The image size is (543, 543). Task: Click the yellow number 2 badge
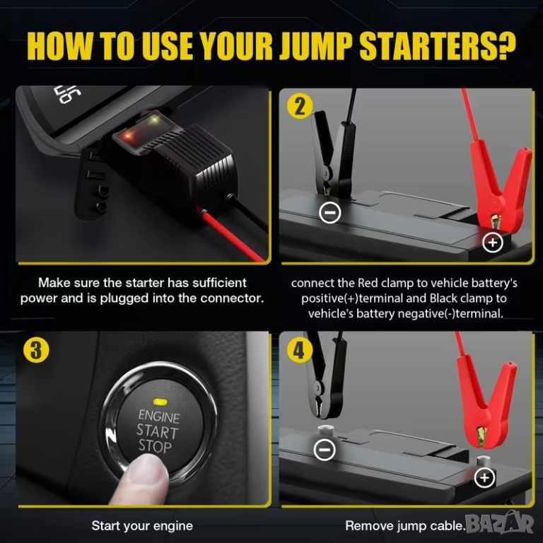pyautogui.click(x=300, y=106)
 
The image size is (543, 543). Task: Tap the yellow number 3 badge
pyautogui.click(x=36, y=350)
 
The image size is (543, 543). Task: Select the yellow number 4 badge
pyautogui.click(x=299, y=351)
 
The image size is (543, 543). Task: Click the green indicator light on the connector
pyautogui.click(x=154, y=120)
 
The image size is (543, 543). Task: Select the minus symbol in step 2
pyautogui.click(x=329, y=212)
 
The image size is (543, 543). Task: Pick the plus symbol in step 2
pyautogui.click(x=492, y=243)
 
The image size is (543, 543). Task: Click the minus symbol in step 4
pyautogui.click(x=324, y=449)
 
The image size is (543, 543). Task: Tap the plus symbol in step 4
pyautogui.click(x=484, y=478)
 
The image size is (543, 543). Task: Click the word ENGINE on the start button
pyautogui.click(x=159, y=416)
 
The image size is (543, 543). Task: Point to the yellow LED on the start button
pyautogui.click(x=160, y=402)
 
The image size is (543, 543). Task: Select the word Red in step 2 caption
pyautogui.click(x=368, y=283)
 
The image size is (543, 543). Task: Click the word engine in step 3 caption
pyautogui.click(x=173, y=526)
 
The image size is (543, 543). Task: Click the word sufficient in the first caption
pyautogui.click(x=219, y=283)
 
